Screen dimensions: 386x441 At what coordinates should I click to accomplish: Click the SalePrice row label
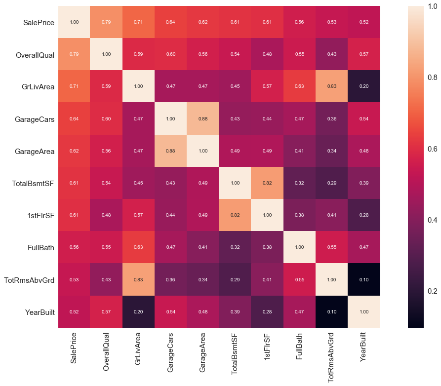pyautogui.click(x=39, y=23)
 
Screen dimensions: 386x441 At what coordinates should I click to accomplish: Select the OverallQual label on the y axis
pyautogui.click(x=35, y=55)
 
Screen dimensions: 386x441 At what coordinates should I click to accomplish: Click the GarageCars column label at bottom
pyautogui.click(x=170, y=351)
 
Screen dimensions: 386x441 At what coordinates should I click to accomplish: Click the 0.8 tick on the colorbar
pyautogui.click(x=433, y=77)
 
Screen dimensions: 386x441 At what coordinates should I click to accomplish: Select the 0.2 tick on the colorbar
pyautogui.click(x=433, y=291)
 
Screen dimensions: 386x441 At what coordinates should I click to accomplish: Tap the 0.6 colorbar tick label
pyautogui.click(x=433, y=149)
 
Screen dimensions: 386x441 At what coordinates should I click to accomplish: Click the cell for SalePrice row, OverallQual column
pyautogui.click(x=106, y=22)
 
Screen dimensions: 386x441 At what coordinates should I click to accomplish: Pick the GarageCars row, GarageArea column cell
pyautogui.click(x=202, y=119)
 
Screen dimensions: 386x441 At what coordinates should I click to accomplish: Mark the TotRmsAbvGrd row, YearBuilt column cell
pyautogui.click(x=363, y=280)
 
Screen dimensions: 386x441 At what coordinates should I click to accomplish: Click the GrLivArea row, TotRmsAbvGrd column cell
pyautogui.click(x=331, y=87)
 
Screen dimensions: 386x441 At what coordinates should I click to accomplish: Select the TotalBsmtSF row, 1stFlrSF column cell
pyautogui.click(x=267, y=183)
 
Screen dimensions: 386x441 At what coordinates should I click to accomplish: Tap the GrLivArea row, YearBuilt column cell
pyautogui.click(x=363, y=87)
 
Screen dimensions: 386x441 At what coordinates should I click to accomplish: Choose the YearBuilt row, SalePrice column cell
pyautogui.click(x=74, y=312)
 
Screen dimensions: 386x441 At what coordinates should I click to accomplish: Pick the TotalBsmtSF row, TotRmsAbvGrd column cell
pyautogui.click(x=331, y=183)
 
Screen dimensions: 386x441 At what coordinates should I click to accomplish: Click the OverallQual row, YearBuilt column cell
pyautogui.click(x=363, y=54)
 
